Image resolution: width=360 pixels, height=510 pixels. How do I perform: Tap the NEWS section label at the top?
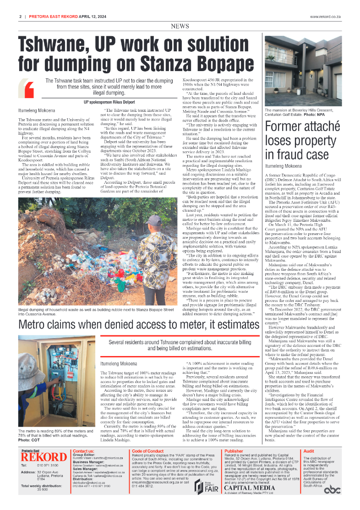(x=180, y=26)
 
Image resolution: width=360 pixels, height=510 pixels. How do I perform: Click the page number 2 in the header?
(x=21, y=16)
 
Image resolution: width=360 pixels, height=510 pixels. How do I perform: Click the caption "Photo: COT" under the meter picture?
(x=28, y=439)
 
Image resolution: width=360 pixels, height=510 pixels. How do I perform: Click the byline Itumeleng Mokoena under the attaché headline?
(x=284, y=165)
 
